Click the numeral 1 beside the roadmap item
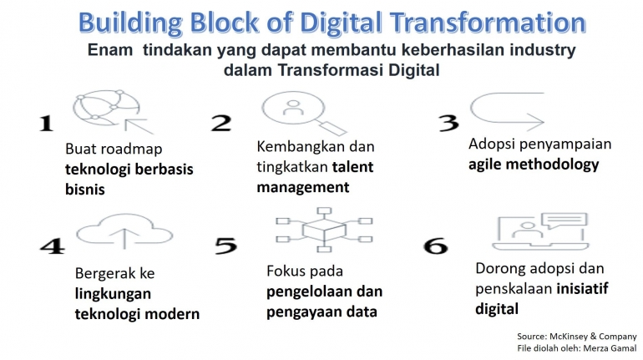pyautogui.click(x=45, y=124)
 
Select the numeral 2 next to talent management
pyautogui.click(x=220, y=124)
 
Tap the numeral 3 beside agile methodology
pyautogui.click(x=448, y=123)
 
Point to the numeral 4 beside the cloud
pyautogui.click(x=51, y=247)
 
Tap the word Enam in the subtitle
pyautogui.click(x=114, y=51)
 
